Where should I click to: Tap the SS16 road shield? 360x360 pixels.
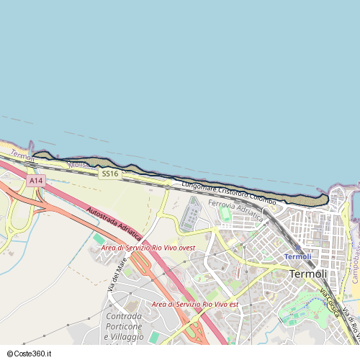point(110,174)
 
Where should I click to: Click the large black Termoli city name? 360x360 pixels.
point(307,274)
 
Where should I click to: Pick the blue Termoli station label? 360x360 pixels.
point(297,256)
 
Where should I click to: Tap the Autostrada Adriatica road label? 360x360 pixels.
point(114,225)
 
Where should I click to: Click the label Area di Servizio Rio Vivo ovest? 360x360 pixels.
point(148,248)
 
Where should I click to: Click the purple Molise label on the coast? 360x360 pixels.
point(78,165)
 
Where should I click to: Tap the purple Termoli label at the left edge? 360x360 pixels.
point(22,156)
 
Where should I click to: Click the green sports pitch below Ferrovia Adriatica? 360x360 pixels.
point(226,215)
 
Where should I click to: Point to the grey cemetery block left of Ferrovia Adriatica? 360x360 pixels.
point(192,215)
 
